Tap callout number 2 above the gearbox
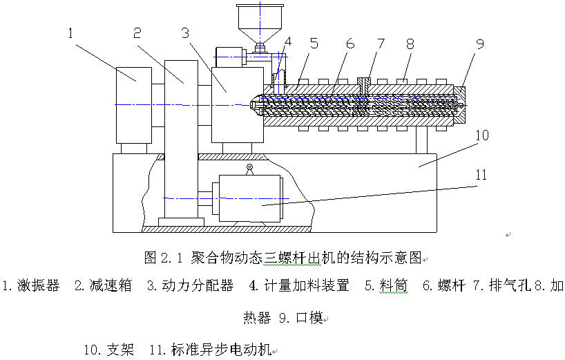(x=137, y=32)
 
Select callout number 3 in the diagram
(x=184, y=32)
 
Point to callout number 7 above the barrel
(x=379, y=44)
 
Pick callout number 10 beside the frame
(x=481, y=135)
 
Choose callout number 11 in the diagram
(x=481, y=176)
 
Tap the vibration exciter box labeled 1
(x=134, y=104)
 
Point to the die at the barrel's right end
(x=459, y=104)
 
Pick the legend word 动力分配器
(x=198, y=285)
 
